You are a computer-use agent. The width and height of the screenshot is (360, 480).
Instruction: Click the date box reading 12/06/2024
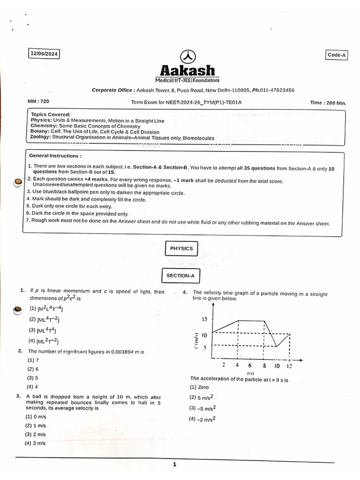pos(44,54)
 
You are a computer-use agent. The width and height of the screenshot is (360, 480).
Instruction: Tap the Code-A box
pos(337,55)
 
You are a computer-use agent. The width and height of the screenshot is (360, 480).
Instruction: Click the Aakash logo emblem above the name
pos(187,56)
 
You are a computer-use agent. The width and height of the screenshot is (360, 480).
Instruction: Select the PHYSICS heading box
pos(181,248)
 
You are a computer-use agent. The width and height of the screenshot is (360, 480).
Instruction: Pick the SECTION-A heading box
pos(180,276)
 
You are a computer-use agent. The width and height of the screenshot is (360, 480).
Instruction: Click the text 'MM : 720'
pos(38,101)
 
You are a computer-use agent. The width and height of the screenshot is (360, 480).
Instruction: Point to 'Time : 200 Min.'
pos(328,103)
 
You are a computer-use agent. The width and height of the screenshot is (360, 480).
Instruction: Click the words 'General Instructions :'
pos(55,155)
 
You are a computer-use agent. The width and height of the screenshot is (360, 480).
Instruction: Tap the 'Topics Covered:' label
pos(51,114)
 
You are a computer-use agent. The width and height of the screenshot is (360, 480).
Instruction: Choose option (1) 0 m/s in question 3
pos(36,416)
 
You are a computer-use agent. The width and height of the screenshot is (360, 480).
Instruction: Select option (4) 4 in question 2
pos(32,387)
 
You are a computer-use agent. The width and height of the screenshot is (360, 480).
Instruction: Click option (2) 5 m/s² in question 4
pos(202,398)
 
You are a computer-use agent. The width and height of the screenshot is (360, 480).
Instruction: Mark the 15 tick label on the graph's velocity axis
pos(204,320)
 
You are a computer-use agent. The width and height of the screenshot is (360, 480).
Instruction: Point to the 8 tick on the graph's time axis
pos(264,365)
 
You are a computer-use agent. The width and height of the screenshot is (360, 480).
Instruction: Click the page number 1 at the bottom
pos(174,465)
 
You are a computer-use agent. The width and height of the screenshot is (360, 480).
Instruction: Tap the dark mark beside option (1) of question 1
pos(17,309)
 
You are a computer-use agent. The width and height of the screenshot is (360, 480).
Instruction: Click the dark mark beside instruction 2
pos(17,182)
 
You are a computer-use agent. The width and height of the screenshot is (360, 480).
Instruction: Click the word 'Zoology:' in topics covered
pos(41,138)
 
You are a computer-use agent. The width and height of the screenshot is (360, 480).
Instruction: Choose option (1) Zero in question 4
pos(199,387)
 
